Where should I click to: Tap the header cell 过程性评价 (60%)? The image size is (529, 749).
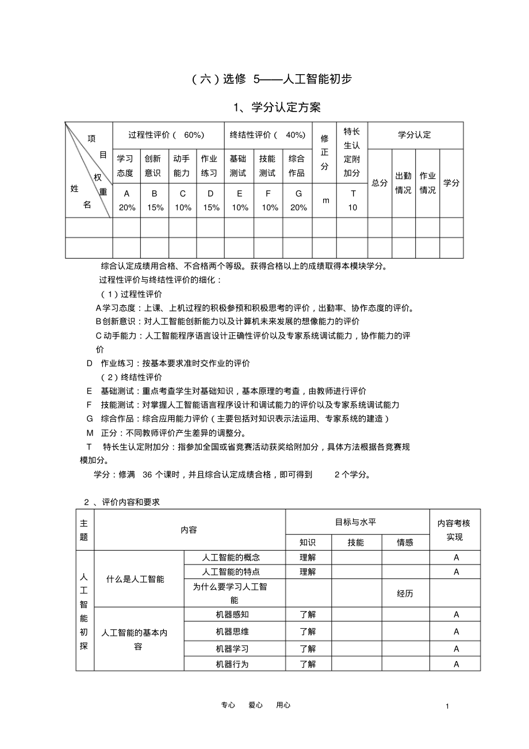point(167,135)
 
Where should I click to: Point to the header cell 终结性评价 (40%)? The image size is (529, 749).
point(268,135)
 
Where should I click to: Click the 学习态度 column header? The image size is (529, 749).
point(126,166)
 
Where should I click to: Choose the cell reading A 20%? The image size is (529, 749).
point(126,201)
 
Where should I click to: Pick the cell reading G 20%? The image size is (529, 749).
point(298,201)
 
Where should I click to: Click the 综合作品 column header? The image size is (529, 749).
point(298,166)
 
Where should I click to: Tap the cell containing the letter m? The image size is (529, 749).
point(325,200)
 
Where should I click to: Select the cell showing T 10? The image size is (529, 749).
point(352,201)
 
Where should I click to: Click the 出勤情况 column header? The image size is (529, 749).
point(403,183)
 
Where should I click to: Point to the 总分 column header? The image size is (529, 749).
point(379,183)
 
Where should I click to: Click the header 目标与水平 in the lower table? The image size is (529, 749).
point(356,522)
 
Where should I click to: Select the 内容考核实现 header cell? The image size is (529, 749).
point(454,530)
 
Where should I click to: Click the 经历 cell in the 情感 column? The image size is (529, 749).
point(405,593)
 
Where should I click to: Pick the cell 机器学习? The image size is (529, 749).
point(235,648)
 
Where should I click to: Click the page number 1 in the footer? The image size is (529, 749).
point(447,706)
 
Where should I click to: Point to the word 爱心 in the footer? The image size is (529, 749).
point(255,705)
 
